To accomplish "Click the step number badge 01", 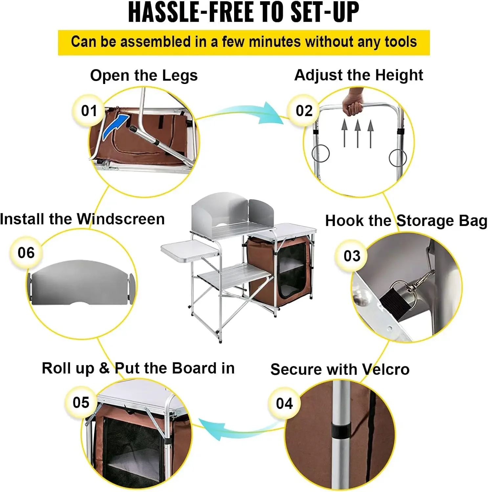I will tap(89, 111).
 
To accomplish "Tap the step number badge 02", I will tap(304, 111).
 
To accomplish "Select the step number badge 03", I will tap(352, 256).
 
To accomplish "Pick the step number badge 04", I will tap(284, 403).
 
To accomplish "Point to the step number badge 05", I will tap(81, 402).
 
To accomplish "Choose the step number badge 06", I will tap(26, 253).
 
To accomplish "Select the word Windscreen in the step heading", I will tap(121, 219).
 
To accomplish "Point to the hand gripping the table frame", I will tap(353, 102).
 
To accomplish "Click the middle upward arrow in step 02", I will tap(357, 133).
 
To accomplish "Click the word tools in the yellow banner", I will tap(401, 42).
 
